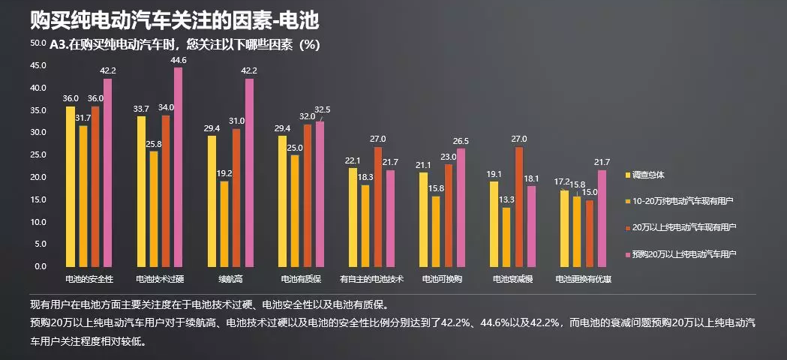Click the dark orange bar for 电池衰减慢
pos(520,206)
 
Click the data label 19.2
pos(224,173)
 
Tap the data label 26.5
pos(461,141)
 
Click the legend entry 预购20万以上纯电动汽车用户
pos(686,254)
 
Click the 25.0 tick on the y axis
pos(38,155)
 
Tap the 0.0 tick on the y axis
pos(40,266)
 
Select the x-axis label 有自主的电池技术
pos(372,279)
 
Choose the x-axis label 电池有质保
pos(301,279)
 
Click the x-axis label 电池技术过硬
pos(160,279)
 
